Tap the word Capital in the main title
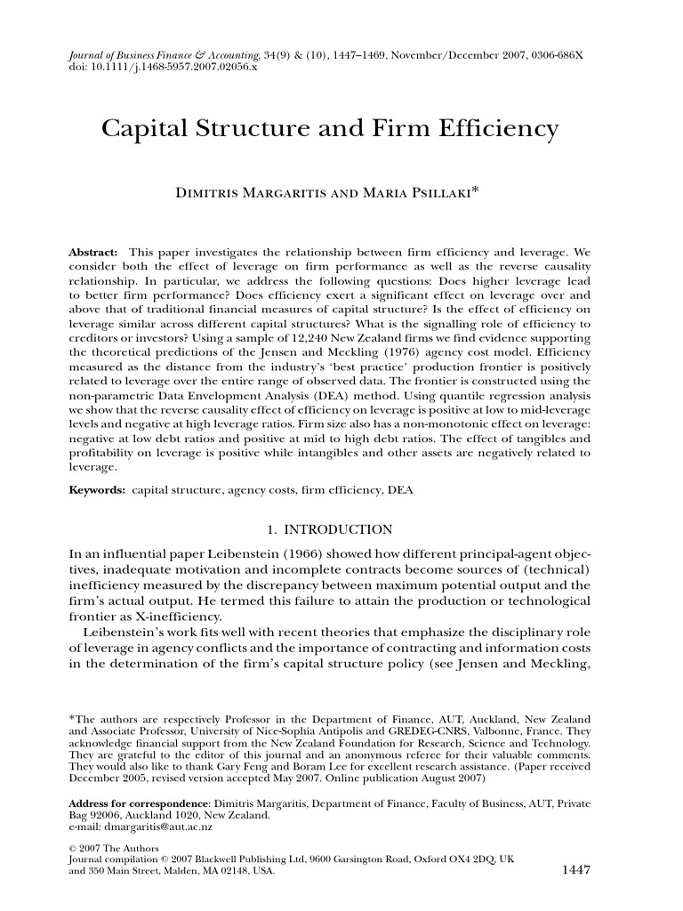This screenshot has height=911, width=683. (x=142, y=131)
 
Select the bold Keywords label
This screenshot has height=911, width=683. (x=98, y=490)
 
